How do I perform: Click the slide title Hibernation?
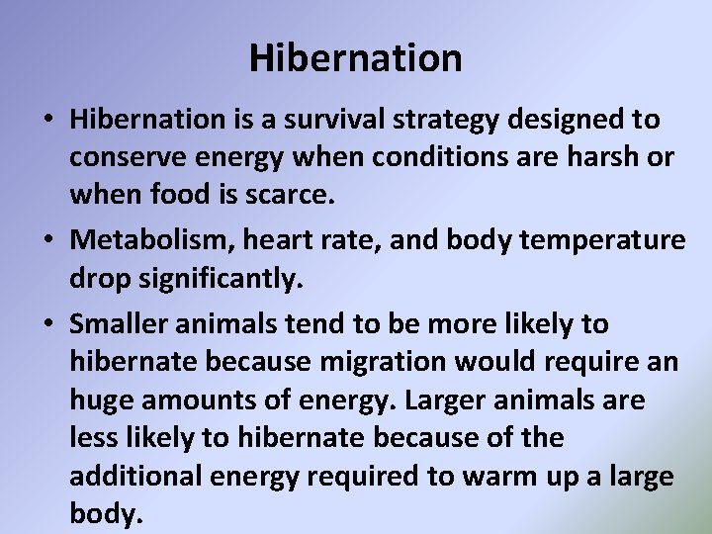(x=355, y=58)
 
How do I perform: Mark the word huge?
(x=105, y=400)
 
